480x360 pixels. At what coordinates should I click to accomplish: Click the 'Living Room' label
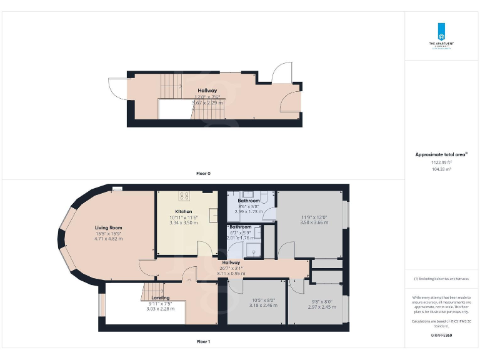coord(108,227)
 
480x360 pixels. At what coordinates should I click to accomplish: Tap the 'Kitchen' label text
coord(183,212)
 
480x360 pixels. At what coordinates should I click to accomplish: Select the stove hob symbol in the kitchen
coord(184,196)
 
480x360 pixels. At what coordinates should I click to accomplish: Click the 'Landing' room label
coord(160,297)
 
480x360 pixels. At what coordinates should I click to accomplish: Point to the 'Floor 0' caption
coord(203,173)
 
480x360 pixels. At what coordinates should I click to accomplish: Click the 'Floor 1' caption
coord(203,342)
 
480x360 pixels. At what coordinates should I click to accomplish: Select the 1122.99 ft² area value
coord(441,162)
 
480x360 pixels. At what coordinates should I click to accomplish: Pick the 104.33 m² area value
coord(441,169)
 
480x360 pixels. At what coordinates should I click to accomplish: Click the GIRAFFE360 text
coord(441,336)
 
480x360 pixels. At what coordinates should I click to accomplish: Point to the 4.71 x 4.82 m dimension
coord(108,238)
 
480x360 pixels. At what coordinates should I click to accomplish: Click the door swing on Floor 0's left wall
coord(117,89)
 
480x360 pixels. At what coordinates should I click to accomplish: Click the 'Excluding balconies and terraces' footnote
coord(441,278)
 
